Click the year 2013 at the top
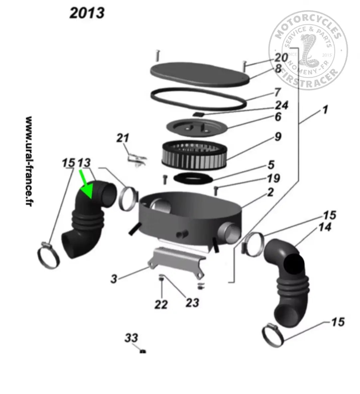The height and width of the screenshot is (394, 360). coord(87,13)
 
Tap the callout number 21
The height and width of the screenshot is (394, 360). coord(122,137)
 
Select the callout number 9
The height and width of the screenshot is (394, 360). coord(278,136)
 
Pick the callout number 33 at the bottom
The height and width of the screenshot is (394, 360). coord(131,338)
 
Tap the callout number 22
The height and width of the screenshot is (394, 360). coord(161,304)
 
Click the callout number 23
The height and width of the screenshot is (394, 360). coord(192,302)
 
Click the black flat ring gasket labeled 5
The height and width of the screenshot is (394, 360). coord(193,178)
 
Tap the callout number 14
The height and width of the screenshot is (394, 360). coord(325,227)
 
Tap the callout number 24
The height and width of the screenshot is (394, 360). coord(281,105)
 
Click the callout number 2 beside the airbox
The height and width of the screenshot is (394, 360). coord(270,192)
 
